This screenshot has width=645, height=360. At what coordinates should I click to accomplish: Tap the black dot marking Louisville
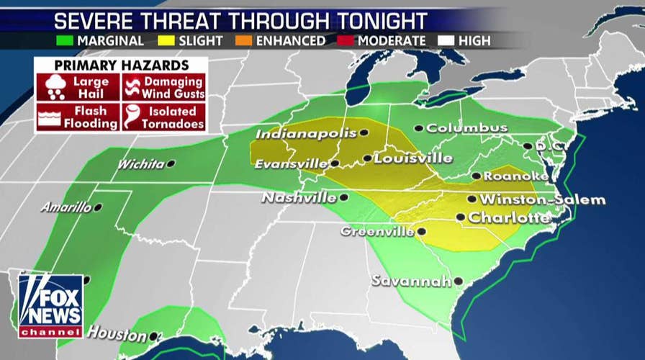(x=367, y=158)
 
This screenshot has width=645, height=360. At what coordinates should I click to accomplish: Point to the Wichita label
(x=141, y=164)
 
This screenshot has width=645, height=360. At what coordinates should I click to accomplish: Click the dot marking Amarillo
(x=98, y=207)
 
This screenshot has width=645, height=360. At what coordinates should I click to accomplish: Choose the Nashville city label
(x=299, y=197)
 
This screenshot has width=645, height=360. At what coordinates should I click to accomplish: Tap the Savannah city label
(x=411, y=282)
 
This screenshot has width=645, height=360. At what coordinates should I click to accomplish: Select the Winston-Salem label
(x=542, y=199)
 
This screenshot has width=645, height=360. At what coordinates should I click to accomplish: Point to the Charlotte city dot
(x=460, y=217)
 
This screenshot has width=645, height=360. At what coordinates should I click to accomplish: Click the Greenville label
(x=377, y=232)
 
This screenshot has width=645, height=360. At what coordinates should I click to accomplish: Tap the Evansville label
(x=290, y=164)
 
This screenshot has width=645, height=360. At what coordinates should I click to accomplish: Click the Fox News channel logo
(x=50, y=306)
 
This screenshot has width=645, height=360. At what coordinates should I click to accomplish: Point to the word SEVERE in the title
(x=94, y=19)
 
